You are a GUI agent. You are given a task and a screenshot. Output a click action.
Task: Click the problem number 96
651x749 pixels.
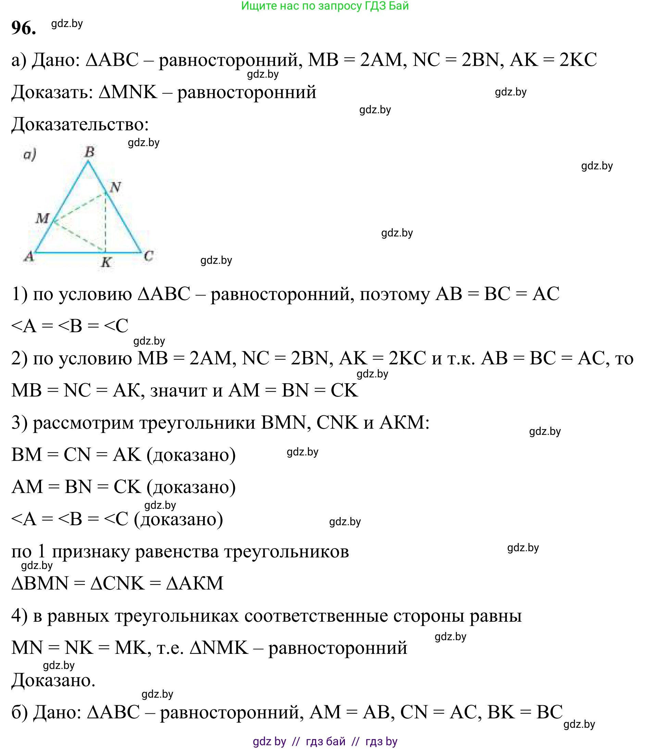pos(24,28)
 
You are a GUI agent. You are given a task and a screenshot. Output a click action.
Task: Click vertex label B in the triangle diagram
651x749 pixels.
pos(89,152)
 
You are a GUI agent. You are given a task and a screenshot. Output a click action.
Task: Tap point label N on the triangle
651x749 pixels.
pos(115,187)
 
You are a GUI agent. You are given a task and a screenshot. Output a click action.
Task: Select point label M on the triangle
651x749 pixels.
pos(42,218)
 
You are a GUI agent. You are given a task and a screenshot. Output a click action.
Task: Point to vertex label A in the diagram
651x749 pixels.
pos(29,257)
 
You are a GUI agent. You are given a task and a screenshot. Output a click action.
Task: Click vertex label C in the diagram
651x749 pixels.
pos(149,256)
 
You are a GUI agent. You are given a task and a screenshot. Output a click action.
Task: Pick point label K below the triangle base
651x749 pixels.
pos(106,262)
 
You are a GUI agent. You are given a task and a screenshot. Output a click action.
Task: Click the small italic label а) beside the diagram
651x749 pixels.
pos(30,155)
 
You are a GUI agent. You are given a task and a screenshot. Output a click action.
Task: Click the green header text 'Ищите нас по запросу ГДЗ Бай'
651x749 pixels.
pos(325,6)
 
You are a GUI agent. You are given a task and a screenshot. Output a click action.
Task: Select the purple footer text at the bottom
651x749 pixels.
pos(325,741)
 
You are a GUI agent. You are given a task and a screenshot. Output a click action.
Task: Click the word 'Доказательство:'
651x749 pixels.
pos(80,125)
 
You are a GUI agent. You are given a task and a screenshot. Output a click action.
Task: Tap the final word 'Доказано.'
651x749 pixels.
pos(53,680)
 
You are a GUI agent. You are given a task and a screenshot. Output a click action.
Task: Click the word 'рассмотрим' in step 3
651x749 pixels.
pos(83,423)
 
